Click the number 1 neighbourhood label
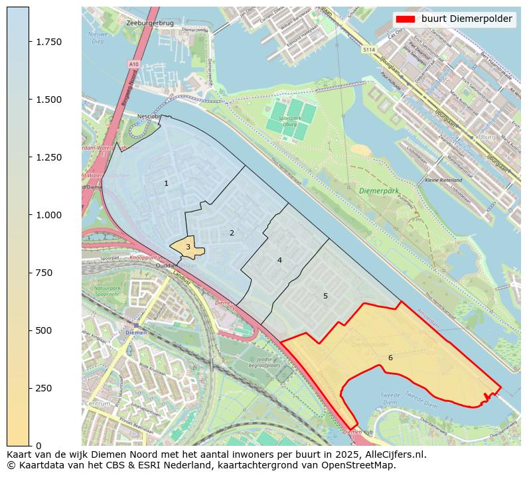[x=166, y=183]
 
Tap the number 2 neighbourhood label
[x=232, y=233]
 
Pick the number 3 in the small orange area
[x=188, y=247]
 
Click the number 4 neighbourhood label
[x=279, y=260]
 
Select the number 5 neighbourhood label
[x=325, y=296]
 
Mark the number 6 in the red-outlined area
[x=390, y=358]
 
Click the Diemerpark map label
[x=379, y=190]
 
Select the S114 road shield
[x=369, y=50]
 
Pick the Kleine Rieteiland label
[x=443, y=180]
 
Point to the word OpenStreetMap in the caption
[x=362, y=465]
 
